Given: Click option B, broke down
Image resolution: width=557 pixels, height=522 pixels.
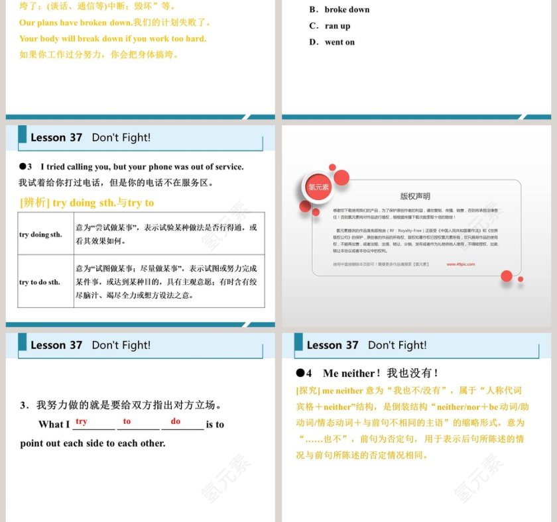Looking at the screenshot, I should click(340, 10).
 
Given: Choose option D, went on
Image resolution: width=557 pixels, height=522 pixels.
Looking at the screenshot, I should click(332, 42).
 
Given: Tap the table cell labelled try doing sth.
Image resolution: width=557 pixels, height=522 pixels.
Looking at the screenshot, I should click(41, 235).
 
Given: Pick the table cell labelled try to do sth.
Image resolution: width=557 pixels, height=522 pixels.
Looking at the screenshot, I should click(40, 282).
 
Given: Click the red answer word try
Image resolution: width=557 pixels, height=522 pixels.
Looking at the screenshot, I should click(82, 421).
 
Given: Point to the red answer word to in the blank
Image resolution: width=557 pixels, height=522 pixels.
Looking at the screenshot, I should click(127, 421).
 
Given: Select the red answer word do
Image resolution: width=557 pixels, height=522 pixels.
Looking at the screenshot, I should click(176, 421).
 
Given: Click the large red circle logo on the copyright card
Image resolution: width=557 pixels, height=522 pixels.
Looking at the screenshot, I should click(318, 187).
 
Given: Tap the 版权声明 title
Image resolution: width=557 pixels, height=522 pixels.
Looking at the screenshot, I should click(415, 196).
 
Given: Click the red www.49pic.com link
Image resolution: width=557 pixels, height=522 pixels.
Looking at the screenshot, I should click(461, 264).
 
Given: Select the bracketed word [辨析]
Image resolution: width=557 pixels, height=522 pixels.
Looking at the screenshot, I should click(34, 203).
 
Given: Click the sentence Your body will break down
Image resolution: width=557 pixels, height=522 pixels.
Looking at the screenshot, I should click(113, 38).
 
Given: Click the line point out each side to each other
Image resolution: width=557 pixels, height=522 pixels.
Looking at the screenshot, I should click(93, 443).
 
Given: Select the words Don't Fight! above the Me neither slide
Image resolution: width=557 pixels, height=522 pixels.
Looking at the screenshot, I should click(397, 345).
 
